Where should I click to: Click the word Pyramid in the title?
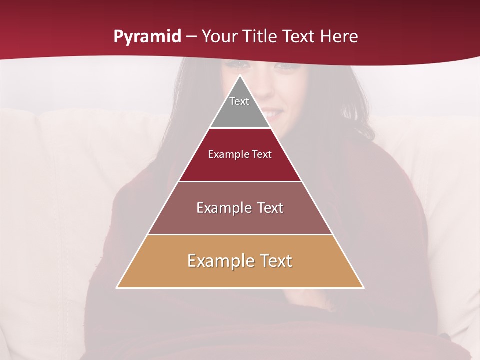[x=147, y=37]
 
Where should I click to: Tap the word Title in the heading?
[x=261, y=36]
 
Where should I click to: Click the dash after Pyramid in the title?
[x=191, y=37]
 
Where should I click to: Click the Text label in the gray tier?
[x=239, y=101]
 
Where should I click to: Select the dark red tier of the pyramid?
[x=240, y=167]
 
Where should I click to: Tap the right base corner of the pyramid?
[x=363, y=287]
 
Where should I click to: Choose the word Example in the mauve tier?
[x=222, y=208]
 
